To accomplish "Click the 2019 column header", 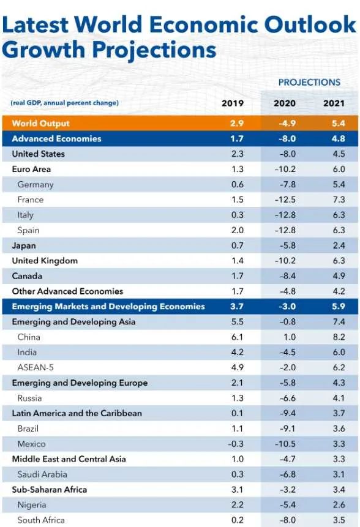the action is (x=232, y=103).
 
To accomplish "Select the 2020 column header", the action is (x=284, y=103).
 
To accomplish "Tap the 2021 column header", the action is (x=334, y=103).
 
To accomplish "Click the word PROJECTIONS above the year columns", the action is (x=309, y=83).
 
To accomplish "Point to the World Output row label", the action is (x=40, y=124).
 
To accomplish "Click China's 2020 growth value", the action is (x=289, y=337).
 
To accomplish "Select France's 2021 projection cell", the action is (x=339, y=200).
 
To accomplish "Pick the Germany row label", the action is (x=36, y=184).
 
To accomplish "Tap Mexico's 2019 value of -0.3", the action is (x=236, y=444).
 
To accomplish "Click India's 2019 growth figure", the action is (x=238, y=352).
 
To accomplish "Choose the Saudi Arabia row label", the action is (x=42, y=474).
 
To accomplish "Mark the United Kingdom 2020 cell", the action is (x=285, y=261).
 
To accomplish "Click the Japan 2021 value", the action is (x=339, y=245).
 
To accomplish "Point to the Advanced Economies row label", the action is (x=56, y=139).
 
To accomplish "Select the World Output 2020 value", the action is (x=287, y=124).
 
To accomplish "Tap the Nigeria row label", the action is (x=32, y=505).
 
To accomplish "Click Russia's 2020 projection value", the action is (x=288, y=398).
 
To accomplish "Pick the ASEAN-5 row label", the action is (x=36, y=368).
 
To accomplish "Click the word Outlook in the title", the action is (x=310, y=24).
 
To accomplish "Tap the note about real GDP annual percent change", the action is (x=64, y=103).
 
